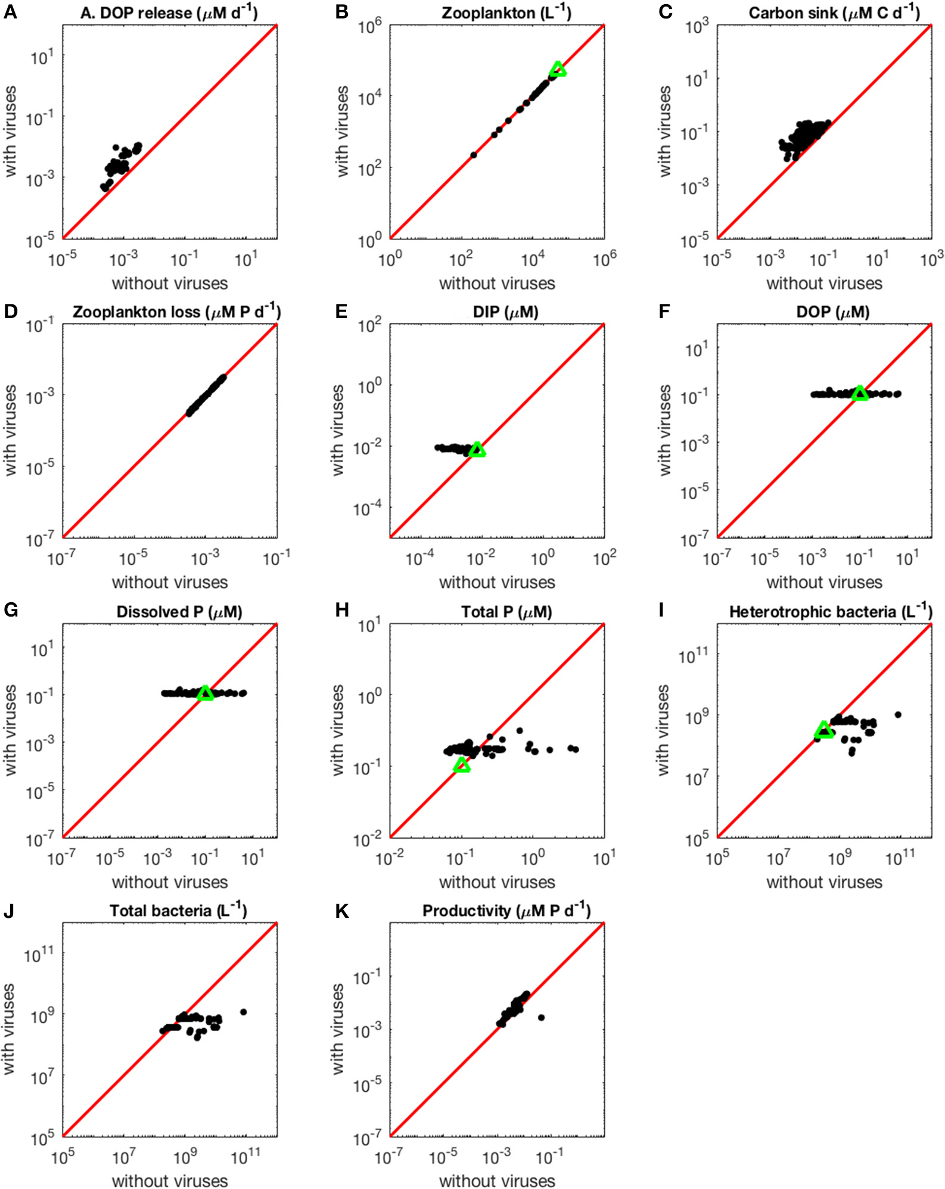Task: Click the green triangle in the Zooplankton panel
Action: pos(558,70)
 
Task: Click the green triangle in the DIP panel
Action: pos(477,450)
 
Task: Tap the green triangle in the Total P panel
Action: pos(462,765)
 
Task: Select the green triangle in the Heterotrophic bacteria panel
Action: pos(824,730)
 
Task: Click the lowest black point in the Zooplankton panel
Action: pos(474,155)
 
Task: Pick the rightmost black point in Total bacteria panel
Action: pos(243,1012)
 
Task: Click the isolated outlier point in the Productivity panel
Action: pos(541,1017)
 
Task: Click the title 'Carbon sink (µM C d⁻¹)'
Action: pos(834,13)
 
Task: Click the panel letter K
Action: pos(341,911)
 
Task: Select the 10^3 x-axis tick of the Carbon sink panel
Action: pos(931,260)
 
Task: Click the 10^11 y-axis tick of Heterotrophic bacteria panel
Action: pos(693,655)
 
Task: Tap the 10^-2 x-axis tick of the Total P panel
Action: pos(390,857)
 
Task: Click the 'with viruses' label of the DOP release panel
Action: pos(10,131)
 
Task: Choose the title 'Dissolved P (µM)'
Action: pos(179,612)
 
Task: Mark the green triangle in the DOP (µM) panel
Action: pos(860,393)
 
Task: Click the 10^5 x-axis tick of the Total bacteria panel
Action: pos(63,1157)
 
